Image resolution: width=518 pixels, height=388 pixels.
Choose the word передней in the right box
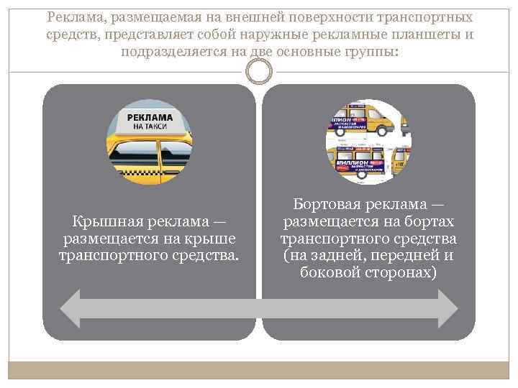coord(394,256)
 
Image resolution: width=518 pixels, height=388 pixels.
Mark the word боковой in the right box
coord(328,273)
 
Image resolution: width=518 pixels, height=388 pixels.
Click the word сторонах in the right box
coord(401,273)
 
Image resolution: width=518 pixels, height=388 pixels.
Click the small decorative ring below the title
coord(259,72)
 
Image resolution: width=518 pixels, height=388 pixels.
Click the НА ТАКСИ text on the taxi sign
coord(150,126)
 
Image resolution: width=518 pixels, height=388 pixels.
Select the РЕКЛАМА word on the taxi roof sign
coord(150,116)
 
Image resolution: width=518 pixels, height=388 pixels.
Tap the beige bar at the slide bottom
coord(259,371)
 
